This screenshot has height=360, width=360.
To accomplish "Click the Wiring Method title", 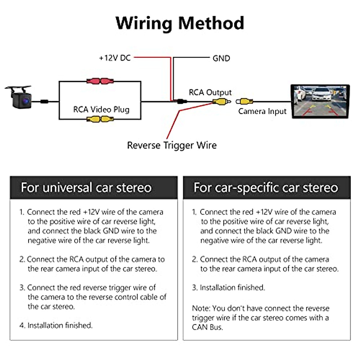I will (180, 23).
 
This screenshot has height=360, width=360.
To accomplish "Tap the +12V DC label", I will (115, 58).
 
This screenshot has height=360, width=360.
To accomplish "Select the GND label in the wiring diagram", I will (221, 58).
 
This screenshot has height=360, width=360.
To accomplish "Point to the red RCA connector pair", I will (100, 81).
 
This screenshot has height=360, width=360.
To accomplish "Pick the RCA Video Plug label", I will (101, 109).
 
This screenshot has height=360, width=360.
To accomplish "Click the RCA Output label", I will (210, 92).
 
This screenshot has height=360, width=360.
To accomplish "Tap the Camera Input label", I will (262, 111).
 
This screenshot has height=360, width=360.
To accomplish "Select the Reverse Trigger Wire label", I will (172, 145).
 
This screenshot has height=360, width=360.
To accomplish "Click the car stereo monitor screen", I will (320, 101).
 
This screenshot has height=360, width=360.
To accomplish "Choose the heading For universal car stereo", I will (86, 187).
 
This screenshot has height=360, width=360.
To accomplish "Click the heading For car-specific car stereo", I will (266, 187).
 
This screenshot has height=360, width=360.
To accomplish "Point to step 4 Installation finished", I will (56, 325).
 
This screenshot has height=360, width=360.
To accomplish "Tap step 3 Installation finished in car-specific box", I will (229, 287).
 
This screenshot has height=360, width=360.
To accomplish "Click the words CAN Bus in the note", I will (207, 327).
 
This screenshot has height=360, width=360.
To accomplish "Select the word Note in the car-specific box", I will (201, 308).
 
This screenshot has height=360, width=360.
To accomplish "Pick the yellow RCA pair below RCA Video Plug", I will (100, 119).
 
